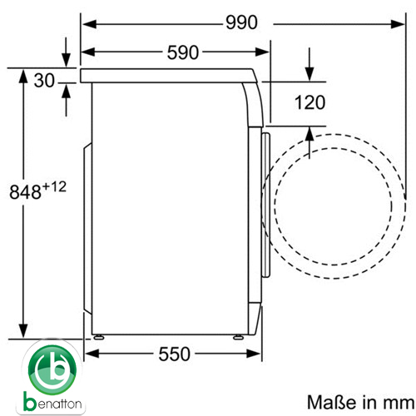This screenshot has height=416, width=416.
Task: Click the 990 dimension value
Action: pos(241,22)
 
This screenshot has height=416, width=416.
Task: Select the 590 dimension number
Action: pos(183,52)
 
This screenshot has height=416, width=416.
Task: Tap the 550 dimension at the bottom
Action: pos(175,354)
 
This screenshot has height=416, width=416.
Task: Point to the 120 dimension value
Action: pos(310,102)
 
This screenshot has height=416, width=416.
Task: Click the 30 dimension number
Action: pos(44,81)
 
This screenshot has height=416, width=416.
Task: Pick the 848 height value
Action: pos(25,192)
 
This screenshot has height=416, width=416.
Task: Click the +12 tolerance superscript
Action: pos(54,187)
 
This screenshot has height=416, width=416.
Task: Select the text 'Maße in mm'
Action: pos(361,402)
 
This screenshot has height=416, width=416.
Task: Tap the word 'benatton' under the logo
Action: pos(52,402)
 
